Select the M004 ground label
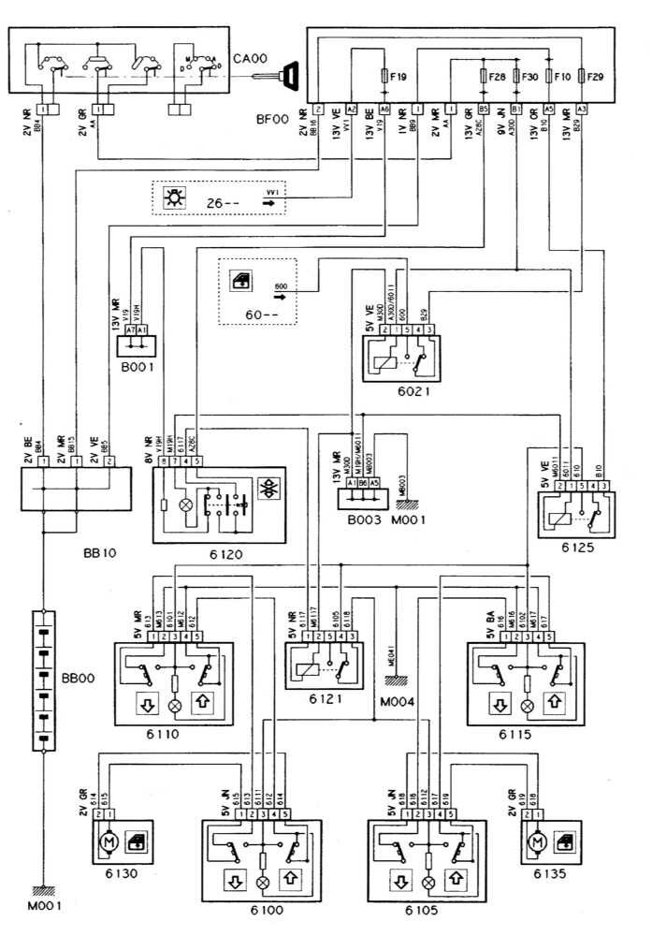click(396, 700)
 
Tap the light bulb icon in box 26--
click(173, 198)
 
